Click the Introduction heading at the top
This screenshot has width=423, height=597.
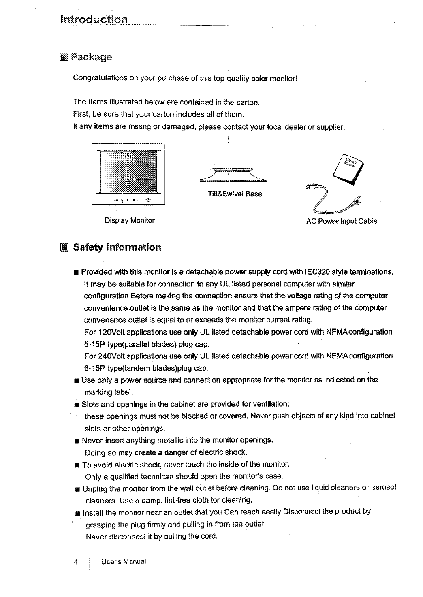(x=94, y=19)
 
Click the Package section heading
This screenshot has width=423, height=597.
(x=91, y=57)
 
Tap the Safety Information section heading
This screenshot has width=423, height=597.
(x=117, y=247)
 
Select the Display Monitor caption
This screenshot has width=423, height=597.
(x=130, y=221)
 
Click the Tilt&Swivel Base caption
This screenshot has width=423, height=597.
(x=235, y=194)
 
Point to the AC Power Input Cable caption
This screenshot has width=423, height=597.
(x=342, y=221)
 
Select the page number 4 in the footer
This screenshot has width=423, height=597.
(x=76, y=562)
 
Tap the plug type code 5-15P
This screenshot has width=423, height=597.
(x=93, y=345)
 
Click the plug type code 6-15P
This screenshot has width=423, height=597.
(x=93, y=369)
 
